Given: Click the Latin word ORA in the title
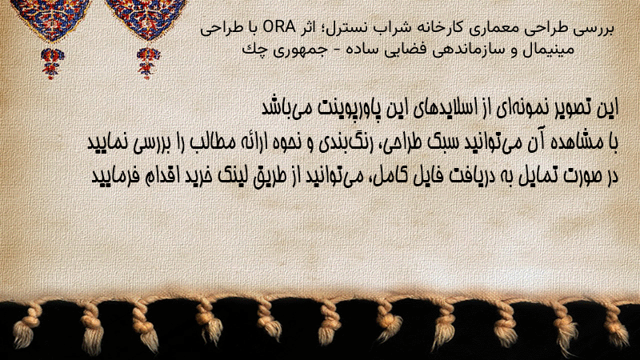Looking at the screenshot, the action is pyautogui.click(x=278, y=27).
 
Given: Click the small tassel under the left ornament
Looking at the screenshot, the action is pyautogui.click(x=52, y=63).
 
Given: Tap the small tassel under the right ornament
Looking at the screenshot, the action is pyautogui.click(x=148, y=63).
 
